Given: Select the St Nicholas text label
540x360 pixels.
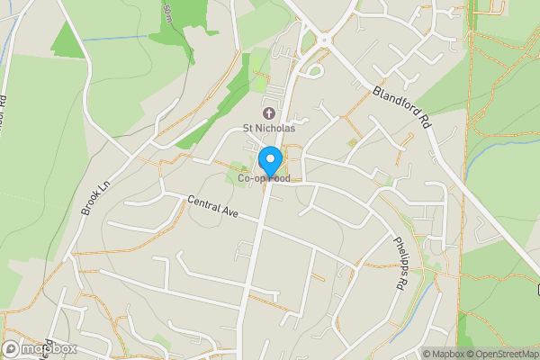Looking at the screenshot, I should point(269,130).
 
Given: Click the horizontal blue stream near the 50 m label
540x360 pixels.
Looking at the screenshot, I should point(117,40).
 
